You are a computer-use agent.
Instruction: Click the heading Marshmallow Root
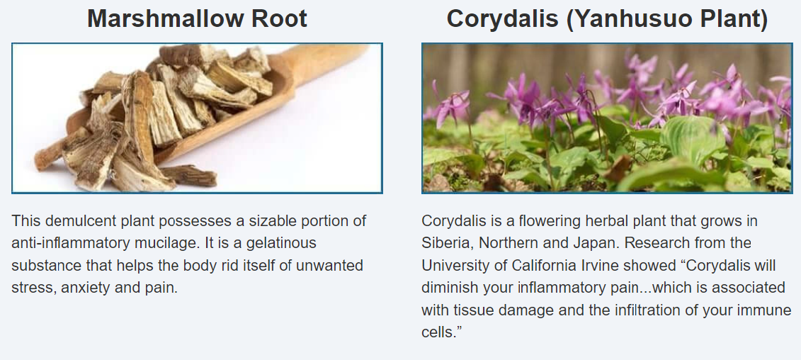point(197,18)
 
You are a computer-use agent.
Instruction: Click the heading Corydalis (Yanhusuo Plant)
point(607,19)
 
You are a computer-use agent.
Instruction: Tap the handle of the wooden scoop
point(327,60)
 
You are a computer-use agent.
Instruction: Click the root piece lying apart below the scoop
point(190,176)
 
